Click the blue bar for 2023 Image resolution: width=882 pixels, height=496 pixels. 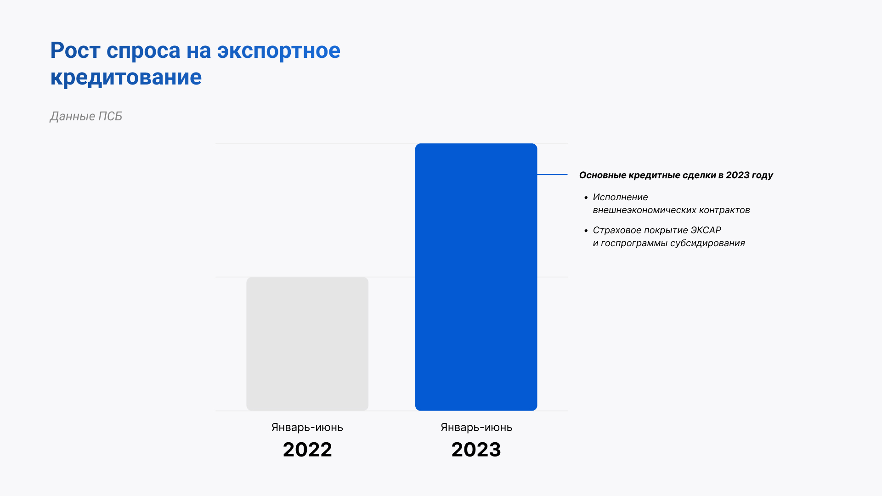point(476,277)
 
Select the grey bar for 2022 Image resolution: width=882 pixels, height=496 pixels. point(307,344)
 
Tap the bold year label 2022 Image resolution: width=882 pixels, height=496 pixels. point(307,450)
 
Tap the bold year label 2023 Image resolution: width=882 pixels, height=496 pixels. point(476,450)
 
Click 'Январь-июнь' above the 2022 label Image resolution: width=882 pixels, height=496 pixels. point(307,428)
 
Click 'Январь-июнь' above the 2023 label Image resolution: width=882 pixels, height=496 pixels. point(476,428)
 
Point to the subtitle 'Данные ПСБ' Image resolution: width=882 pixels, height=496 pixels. point(86,117)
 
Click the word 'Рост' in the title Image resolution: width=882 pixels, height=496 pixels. point(75,51)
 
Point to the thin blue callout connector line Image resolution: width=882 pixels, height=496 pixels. point(553,175)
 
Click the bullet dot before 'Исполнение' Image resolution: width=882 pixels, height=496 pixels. point(586,198)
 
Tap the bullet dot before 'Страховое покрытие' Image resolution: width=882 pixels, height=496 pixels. point(586,231)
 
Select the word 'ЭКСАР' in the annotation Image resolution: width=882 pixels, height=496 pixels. point(706,230)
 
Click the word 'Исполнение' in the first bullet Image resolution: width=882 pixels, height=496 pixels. point(620,197)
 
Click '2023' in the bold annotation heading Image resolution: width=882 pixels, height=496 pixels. point(738,175)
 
